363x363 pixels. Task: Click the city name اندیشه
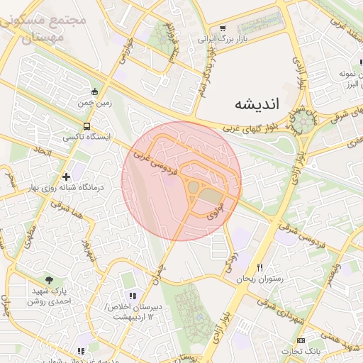pos(257,104)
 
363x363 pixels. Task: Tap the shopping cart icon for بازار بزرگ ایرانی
pos(223,28)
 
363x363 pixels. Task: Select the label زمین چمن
pos(95,103)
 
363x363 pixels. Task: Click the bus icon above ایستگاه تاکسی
pos(86,126)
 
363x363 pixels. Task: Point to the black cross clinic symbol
pos(66,176)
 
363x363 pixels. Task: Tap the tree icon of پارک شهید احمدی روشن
pos(49,280)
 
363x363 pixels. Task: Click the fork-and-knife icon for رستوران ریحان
pos(259,268)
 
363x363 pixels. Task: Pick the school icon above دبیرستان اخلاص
pos(131,296)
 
